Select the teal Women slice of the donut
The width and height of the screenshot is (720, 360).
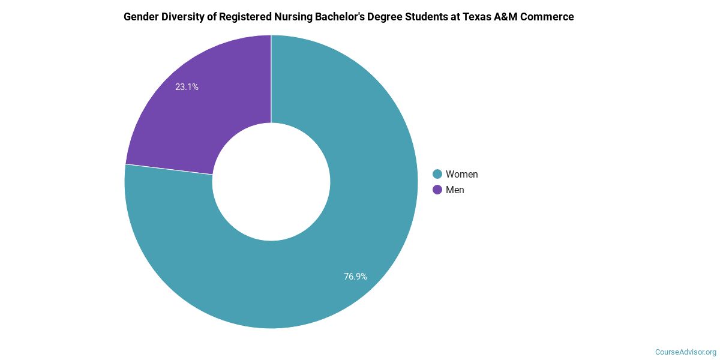(x=336, y=240)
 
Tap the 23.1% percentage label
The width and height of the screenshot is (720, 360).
(x=187, y=87)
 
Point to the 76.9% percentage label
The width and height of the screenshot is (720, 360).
(x=355, y=277)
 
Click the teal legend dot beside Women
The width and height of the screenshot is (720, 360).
(x=437, y=174)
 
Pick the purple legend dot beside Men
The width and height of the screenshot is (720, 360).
(x=437, y=190)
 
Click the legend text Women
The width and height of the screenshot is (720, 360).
(x=461, y=174)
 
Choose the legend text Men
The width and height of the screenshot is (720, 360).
(x=455, y=190)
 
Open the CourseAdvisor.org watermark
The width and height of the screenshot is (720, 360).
(x=685, y=352)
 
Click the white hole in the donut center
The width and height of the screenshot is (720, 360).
(x=271, y=182)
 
